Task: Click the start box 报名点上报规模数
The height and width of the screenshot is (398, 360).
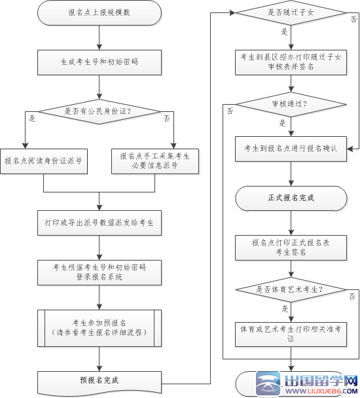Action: pyautogui.click(x=99, y=13)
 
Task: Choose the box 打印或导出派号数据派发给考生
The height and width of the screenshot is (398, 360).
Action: pyautogui.click(x=99, y=223)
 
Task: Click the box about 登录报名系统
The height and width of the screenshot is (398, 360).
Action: pyautogui.click(x=99, y=272)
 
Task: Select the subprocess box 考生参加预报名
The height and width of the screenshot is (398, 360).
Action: pyautogui.click(x=99, y=327)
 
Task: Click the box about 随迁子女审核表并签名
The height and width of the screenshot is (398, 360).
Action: pyautogui.click(x=290, y=62)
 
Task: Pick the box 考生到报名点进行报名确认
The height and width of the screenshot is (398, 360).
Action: pyautogui.click(x=290, y=149)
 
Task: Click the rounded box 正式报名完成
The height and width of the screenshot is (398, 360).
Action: pyautogui.click(x=290, y=197)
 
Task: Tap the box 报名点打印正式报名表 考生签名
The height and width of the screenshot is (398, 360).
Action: pyautogui.click(x=290, y=247)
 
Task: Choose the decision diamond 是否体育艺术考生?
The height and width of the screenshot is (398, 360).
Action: pyautogui.click(x=290, y=289)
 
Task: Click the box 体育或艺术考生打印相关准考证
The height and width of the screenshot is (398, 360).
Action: pyautogui.click(x=290, y=333)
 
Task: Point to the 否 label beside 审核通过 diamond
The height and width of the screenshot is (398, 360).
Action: pyautogui.click(x=230, y=111)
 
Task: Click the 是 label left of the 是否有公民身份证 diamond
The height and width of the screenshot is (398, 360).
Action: pyautogui.click(x=32, y=118)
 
